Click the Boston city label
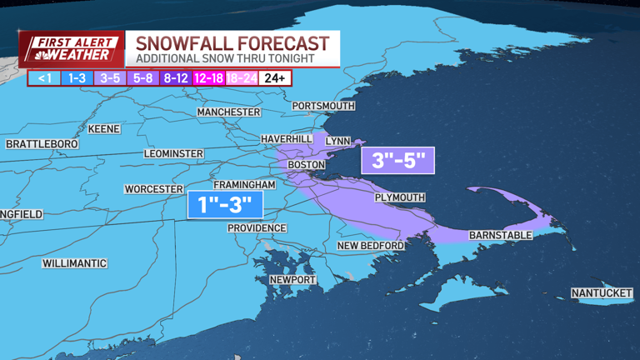tap(305, 165)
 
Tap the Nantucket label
tap(602, 292)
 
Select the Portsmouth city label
tap(323, 106)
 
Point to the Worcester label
tap(153, 189)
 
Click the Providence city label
tap(257, 228)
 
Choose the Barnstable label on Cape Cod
tap(500, 235)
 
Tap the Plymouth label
tap(399, 197)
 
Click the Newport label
tap(292, 279)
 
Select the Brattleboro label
tap(42, 144)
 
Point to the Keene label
tap(102, 129)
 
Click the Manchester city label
tap(229, 112)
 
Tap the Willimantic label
tap(75, 263)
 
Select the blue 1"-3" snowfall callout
tap(220, 203)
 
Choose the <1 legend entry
tap(42, 78)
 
